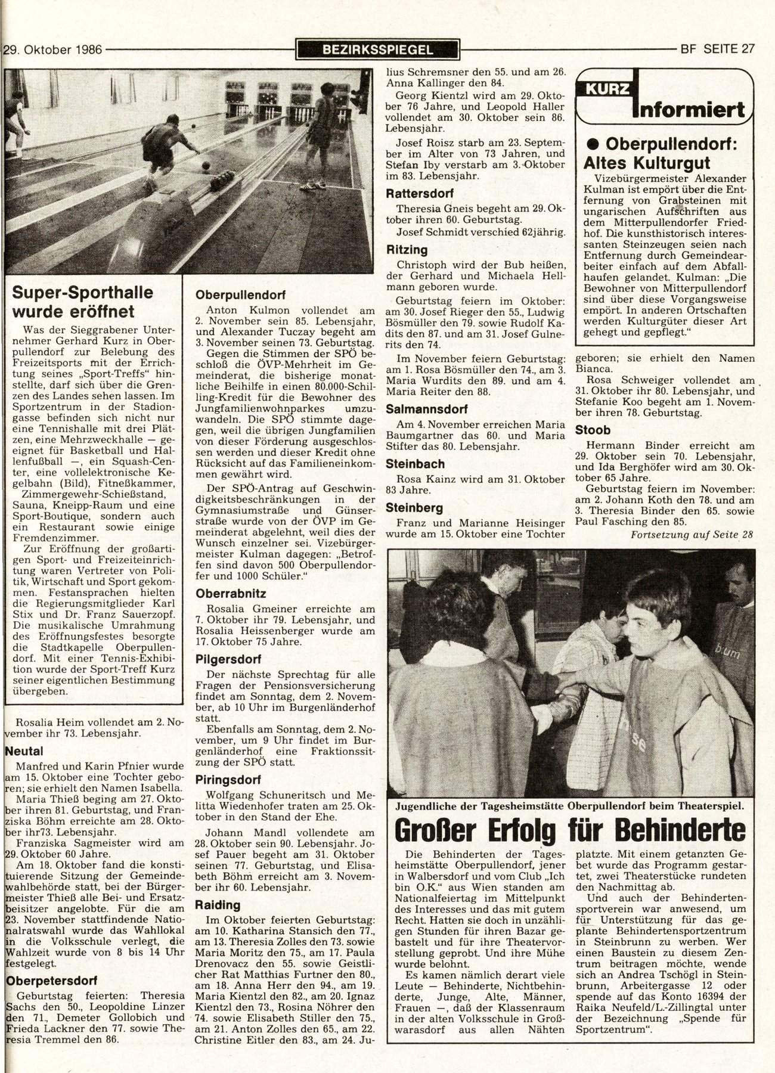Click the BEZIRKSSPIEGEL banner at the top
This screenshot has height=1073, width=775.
tap(377, 50)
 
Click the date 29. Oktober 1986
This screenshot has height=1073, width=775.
tap(52, 50)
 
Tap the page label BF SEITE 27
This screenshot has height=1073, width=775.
tap(717, 49)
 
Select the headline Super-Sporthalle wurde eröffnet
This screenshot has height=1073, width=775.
tap(83, 302)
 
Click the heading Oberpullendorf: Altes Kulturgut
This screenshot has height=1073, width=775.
tap(663, 153)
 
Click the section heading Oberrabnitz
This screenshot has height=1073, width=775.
tap(231, 594)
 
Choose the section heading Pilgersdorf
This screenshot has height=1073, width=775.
tap(228, 660)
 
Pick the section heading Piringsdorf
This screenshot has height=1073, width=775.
tap(230, 780)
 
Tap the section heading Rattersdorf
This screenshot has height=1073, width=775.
tap(420, 194)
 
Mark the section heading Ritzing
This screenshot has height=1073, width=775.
tap(407, 250)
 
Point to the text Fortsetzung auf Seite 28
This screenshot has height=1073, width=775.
tap(691, 535)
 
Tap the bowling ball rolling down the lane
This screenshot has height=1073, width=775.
tap(205, 165)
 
